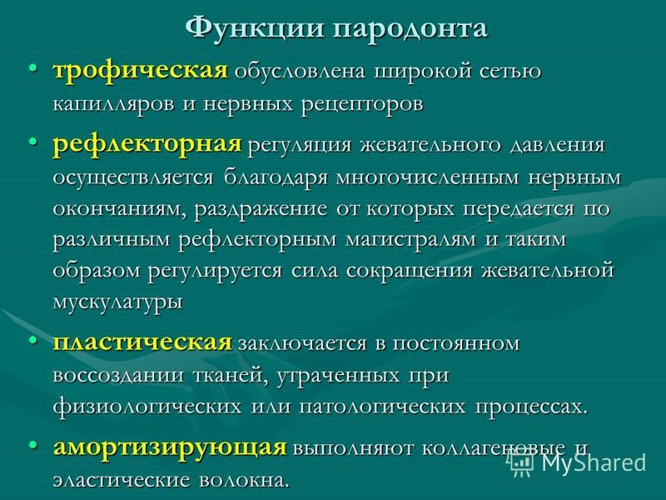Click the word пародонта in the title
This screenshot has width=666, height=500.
click(410, 30)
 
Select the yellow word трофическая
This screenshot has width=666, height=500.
click(140, 71)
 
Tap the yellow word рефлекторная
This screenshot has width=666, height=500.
click(147, 144)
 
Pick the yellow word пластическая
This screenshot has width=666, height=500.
click(142, 342)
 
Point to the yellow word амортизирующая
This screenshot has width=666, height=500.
click(170, 448)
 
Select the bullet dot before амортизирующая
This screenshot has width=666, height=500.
click(32, 445)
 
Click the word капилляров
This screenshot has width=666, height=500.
click(113, 105)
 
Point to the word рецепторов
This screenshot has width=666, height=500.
click(362, 105)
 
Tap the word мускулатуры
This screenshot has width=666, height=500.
click(117, 302)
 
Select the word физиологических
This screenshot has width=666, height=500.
click(147, 406)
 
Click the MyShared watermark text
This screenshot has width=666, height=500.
click(594, 463)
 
